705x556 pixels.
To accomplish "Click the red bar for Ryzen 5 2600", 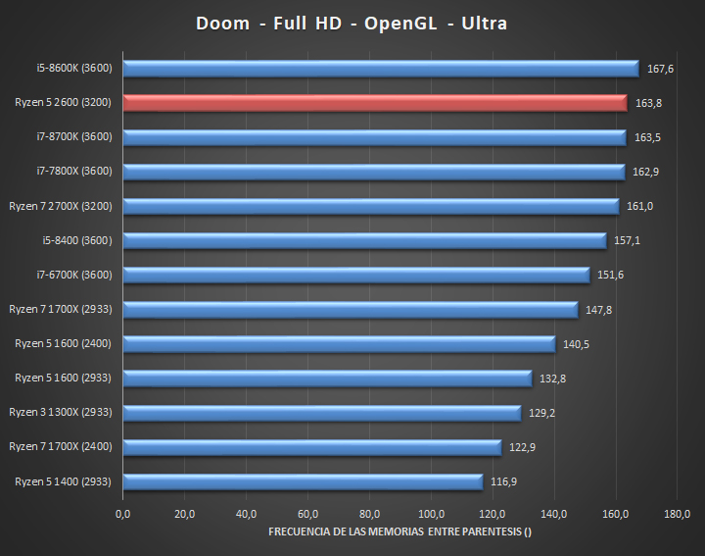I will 375,103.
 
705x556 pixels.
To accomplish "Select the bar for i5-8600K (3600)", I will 381,69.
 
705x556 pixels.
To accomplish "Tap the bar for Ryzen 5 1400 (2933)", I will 304,481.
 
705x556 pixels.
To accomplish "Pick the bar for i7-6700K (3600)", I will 356,275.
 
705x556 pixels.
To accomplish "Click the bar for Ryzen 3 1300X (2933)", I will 322,413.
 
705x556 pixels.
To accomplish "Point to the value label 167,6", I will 661,69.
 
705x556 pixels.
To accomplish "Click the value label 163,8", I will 648,103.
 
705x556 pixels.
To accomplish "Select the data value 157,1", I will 628,240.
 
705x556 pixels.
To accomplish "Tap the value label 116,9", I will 504,481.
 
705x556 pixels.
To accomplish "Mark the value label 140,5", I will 577,344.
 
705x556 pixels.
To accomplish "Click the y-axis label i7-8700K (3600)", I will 75,137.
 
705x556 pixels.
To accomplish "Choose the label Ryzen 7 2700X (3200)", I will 61,206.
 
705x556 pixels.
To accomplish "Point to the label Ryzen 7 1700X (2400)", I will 61,447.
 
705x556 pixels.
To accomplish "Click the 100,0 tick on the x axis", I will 431,514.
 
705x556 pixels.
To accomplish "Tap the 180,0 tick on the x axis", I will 677,514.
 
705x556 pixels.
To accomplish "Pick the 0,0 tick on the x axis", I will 123,514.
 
